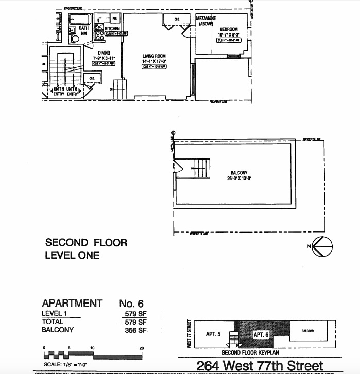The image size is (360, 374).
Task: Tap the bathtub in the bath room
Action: [x=83, y=21]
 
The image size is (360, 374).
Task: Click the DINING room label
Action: [x=105, y=52]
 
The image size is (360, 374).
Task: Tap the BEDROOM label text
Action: [x=229, y=29]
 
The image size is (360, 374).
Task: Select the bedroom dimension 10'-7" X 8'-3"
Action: [x=229, y=34]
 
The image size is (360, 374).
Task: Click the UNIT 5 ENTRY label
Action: [x=58, y=91]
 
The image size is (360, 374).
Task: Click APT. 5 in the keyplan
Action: [x=213, y=334]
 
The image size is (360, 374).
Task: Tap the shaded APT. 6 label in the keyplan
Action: [x=261, y=334]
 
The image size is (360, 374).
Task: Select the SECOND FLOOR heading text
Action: [x=86, y=242]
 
